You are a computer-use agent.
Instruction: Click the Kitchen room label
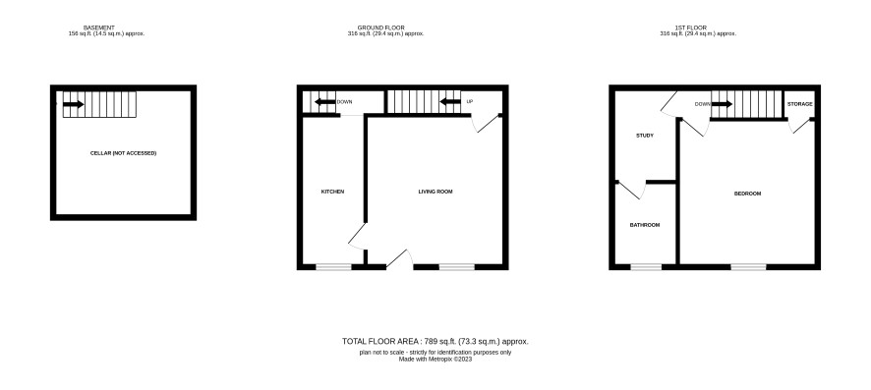332,192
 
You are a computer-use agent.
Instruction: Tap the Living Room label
435,192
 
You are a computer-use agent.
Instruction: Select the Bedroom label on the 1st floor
748,194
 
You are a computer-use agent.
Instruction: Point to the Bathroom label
645,225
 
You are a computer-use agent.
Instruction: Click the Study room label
645,136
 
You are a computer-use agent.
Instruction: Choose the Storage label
800,104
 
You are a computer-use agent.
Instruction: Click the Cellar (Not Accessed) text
123,153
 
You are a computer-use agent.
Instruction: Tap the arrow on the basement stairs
74,104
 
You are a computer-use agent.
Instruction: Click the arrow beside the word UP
450,101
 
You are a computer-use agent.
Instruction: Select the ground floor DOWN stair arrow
325,101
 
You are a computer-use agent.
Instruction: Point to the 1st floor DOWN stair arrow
723,104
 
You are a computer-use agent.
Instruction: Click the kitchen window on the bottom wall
334,267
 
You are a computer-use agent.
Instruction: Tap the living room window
456,267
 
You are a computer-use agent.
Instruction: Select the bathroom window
646,267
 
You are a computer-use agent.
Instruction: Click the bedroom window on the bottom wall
748,267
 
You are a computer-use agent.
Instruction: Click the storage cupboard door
800,126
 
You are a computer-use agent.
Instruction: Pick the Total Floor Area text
435,342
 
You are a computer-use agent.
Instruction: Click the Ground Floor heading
381,28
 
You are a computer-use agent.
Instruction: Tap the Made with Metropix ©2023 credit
435,359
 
